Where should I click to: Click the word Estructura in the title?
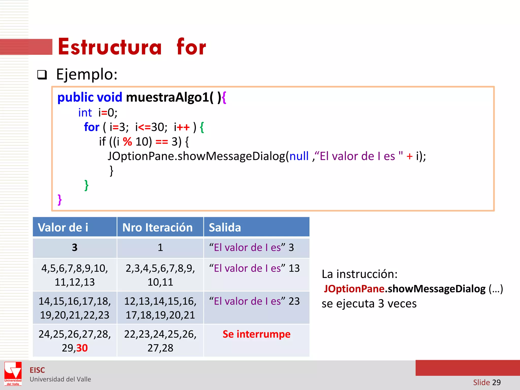click(110, 47)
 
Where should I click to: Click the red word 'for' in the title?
click(191, 47)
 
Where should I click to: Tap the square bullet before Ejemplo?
click(42, 75)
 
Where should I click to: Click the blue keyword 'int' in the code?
click(85, 113)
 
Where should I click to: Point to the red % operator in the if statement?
click(127, 142)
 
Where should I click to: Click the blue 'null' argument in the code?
click(299, 156)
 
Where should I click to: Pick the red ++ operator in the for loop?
click(183, 127)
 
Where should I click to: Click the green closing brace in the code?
click(87, 185)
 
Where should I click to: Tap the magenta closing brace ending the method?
click(60, 200)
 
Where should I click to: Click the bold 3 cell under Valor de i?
click(75, 247)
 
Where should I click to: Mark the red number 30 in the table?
click(82, 348)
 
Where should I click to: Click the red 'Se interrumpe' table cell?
click(256, 334)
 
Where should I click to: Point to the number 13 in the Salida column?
click(294, 268)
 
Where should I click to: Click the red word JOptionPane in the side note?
click(354, 289)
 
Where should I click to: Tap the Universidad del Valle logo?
click(13, 373)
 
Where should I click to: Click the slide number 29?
click(496, 382)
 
